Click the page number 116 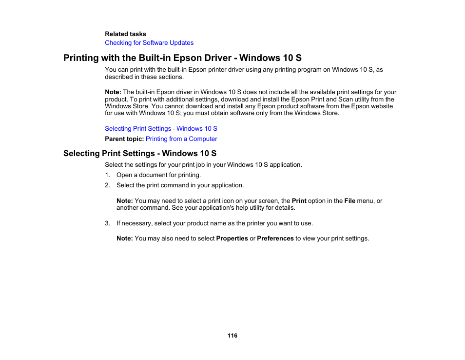(232, 336)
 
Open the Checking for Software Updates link (149, 43)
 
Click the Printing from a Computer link (181, 139)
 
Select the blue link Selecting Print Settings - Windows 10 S (161, 129)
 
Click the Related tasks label (125, 34)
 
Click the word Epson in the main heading (180, 58)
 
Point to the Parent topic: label (124, 139)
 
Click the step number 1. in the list (107, 175)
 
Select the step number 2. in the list (107, 185)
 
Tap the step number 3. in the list (107, 223)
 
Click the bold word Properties (232, 239)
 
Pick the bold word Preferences (275, 239)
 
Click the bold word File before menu (349, 201)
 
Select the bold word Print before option (299, 201)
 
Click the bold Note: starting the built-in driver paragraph (113, 92)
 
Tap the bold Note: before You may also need (124, 239)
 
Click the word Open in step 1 (124, 175)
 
